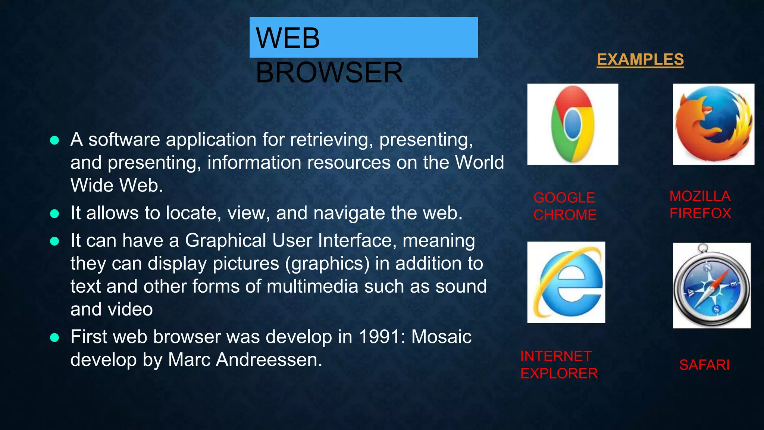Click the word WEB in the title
288,38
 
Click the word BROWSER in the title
329,72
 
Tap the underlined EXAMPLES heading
640,59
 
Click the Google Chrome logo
573,124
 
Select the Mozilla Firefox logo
713,124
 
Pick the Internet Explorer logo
566,282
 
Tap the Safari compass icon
711,286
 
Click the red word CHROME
565,215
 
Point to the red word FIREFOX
700,214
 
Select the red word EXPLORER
559,373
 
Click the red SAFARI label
704,365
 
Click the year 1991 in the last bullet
380,337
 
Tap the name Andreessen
269,360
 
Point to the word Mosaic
441,337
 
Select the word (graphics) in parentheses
327,264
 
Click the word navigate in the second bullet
350,213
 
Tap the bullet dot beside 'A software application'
54,140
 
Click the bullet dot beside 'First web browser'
54,337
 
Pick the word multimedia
312,287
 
